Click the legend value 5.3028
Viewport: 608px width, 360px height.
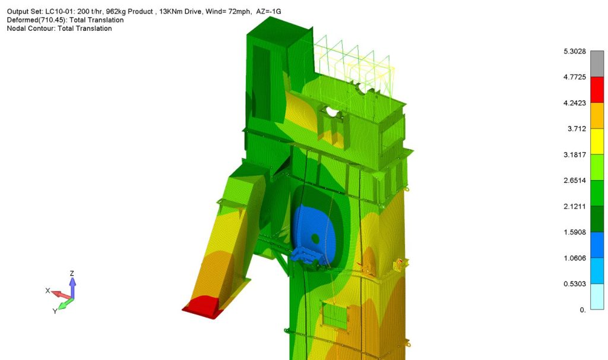coord(574,51)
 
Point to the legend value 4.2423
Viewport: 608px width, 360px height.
coord(574,103)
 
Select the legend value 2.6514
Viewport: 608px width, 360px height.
coord(574,181)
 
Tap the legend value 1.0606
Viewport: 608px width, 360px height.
coord(574,258)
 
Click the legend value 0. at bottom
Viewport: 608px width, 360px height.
coord(582,310)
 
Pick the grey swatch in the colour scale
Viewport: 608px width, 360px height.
coord(597,64)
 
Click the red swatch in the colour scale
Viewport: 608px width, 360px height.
coord(597,90)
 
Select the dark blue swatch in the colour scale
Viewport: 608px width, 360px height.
coord(597,245)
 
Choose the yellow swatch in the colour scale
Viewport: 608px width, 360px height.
coord(597,141)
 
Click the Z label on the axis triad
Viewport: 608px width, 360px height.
coord(72,273)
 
